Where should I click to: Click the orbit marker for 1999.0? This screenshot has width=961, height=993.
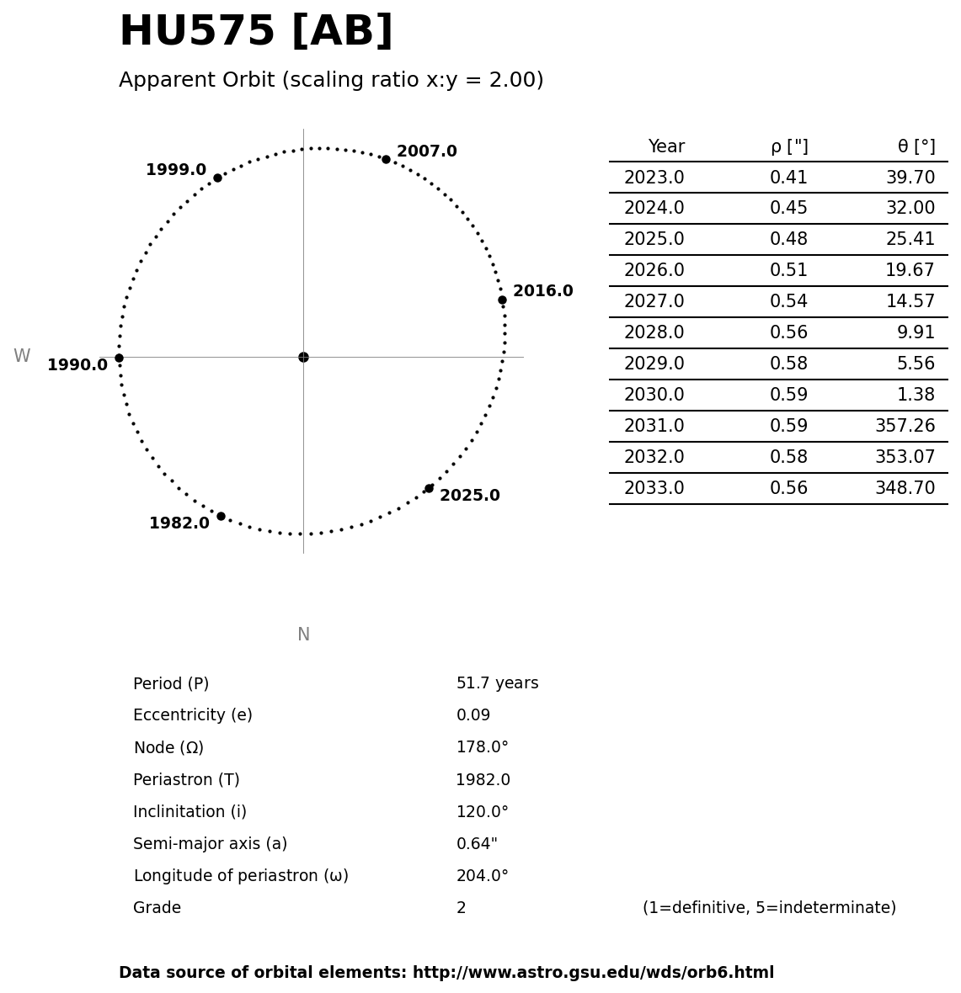point(217,178)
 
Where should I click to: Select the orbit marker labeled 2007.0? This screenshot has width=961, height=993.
point(386,159)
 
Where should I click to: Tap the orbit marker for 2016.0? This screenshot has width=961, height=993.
point(502,300)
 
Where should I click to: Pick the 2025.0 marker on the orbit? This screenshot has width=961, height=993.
point(429,488)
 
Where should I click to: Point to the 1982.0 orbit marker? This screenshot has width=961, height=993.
point(221,516)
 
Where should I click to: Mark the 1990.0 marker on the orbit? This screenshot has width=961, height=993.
point(119,358)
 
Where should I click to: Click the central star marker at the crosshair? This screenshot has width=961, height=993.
point(303,357)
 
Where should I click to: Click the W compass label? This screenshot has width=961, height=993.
point(22,357)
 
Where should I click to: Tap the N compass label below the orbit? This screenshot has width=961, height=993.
point(303,635)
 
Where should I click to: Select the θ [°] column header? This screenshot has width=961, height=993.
point(916,147)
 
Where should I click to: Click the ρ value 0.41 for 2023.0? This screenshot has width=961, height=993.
point(788,178)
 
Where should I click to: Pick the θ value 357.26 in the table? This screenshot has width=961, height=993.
point(905,427)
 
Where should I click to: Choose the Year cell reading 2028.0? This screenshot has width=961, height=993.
point(654,333)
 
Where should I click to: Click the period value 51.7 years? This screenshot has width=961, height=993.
point(497,683)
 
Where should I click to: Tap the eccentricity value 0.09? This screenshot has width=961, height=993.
point(472,715)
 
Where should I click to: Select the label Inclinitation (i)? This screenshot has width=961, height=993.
point(190,812)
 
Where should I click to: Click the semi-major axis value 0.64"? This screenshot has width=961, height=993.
point(476,844)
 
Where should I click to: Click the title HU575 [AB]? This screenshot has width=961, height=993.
point(256,32)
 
